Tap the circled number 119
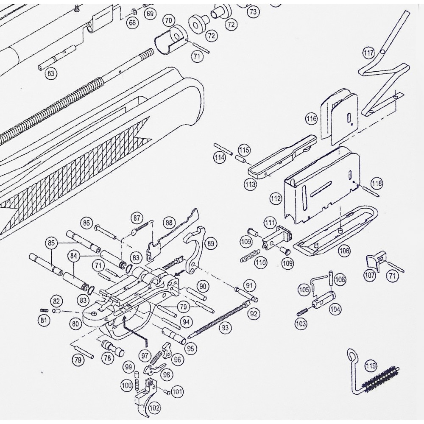click(371, 365)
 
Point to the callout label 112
click(276, 198)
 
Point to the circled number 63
click(51, 73)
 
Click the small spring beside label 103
click(301, 312)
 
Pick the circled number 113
click(251, 184)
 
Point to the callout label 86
click(87, 223)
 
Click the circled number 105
click(304, 290)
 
